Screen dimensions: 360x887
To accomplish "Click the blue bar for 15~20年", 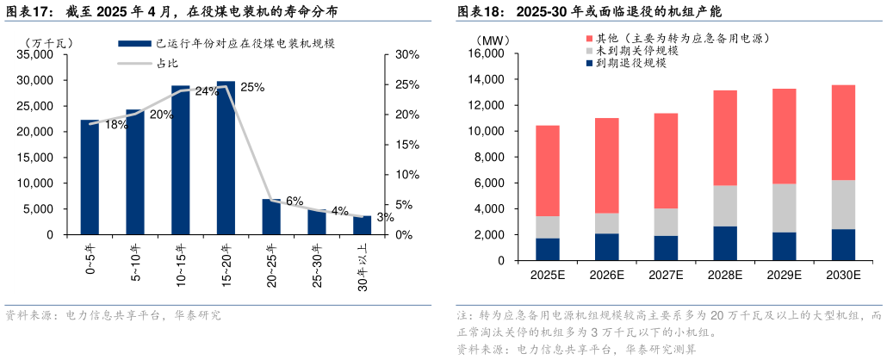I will [x=226, y=158].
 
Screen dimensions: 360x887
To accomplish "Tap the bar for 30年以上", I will [x=362, y=226].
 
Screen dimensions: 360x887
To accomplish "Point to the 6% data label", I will [x=294, y=201].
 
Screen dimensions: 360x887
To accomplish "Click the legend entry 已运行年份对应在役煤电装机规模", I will [x=221, y=43].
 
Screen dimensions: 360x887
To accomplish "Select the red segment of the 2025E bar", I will [x=548, y=171].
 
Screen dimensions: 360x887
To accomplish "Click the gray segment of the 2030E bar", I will [x=843, y=204].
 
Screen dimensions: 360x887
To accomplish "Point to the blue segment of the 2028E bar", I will [x=725, y=244].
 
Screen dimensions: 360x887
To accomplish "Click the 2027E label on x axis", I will [x=666, y=276].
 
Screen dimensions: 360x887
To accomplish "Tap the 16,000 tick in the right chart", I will [x=485, y=54].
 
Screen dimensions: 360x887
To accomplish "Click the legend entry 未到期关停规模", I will [x=636, y=52].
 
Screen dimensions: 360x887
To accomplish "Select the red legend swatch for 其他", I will [x=588, y=39].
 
